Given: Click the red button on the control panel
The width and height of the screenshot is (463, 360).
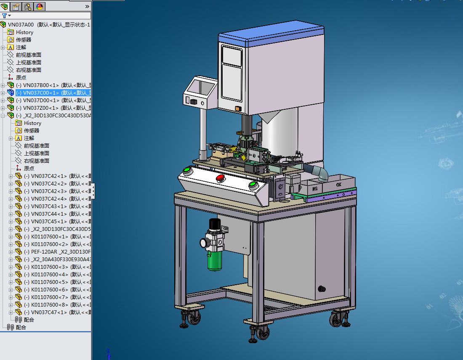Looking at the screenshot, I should [220, 178].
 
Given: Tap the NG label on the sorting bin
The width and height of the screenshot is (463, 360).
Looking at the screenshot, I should [315, 189].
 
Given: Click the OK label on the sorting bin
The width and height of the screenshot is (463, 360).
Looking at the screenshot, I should [338, 184].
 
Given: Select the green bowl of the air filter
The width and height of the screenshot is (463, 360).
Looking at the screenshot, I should [215, 261].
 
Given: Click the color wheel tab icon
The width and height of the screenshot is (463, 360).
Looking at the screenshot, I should [40, 6].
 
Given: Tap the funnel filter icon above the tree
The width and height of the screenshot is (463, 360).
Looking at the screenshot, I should [4, 16].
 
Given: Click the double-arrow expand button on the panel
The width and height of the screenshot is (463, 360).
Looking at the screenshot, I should [87, 6].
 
